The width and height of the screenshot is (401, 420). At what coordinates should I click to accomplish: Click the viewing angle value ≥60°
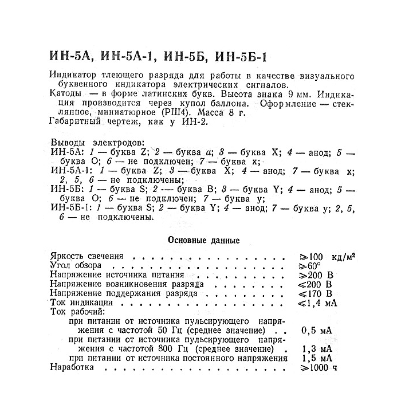(311, 266)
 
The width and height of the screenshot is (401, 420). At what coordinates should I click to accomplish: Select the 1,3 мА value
(316, 349)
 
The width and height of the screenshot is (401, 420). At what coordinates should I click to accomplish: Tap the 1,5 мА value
(316, 358)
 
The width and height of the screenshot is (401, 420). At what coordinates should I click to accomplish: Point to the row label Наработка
(72, 367)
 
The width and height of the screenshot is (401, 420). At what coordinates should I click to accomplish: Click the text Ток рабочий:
(77, 312)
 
